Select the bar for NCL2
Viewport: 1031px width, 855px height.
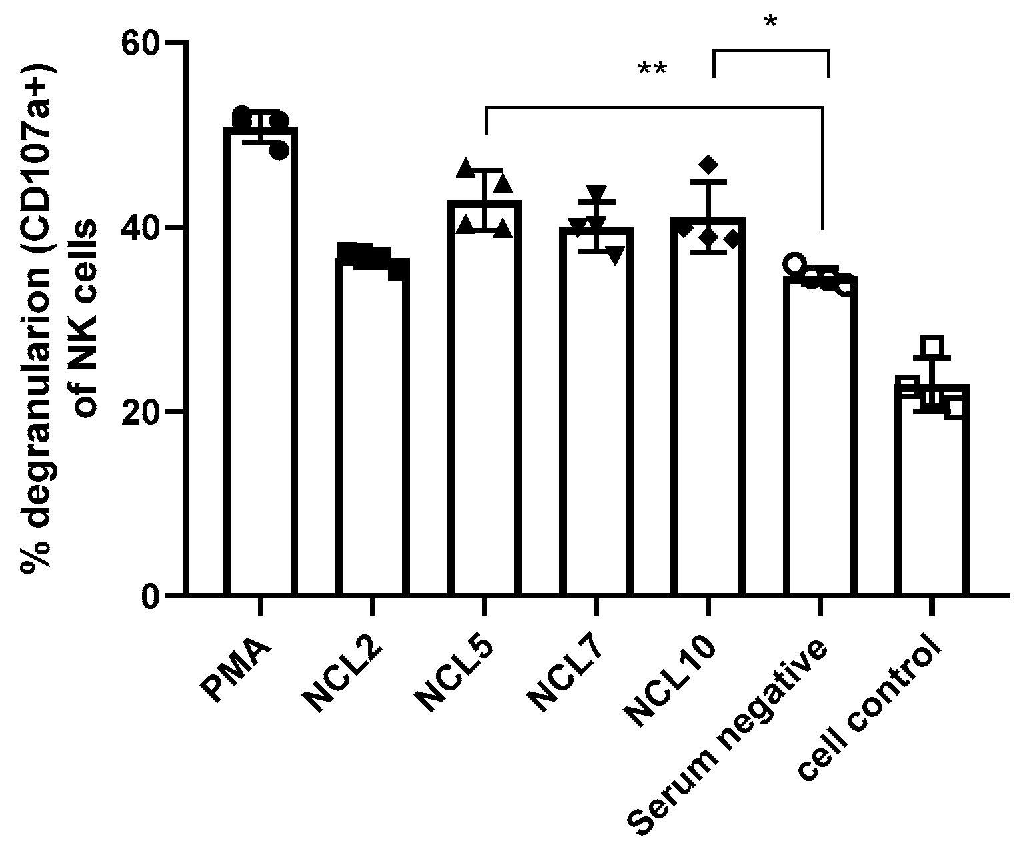coord(372,427)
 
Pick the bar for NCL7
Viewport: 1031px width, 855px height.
coord(596,410)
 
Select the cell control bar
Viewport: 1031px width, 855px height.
coord(932,490)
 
